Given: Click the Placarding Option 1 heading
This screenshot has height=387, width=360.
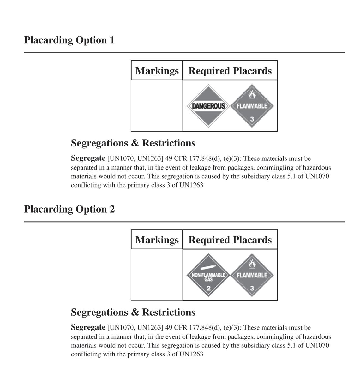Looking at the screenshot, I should [x=69, y=40].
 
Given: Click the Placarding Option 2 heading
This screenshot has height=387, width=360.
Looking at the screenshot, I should [x=69, y=209].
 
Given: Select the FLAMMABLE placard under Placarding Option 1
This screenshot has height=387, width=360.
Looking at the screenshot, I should [x=252, y=106].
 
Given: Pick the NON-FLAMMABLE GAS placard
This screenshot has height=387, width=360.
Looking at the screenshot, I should [x=208, y=275].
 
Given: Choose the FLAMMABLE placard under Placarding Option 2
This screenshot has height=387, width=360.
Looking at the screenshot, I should [x=252, y=275].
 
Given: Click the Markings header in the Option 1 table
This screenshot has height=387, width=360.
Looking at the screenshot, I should [x=157, y=71].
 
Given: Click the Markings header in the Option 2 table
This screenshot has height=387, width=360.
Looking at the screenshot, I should [x=157, y=240].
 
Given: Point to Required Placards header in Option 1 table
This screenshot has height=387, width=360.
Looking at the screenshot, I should [x=230, y=71].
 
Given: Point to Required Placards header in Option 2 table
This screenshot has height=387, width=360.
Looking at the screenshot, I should [x=230, y=240].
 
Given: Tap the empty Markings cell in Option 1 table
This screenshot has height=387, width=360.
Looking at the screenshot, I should [x=157, y=105].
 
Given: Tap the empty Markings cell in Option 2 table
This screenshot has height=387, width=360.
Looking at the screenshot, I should [x=157, y=275].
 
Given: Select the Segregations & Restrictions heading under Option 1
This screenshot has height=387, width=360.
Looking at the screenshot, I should [x=133, y=143].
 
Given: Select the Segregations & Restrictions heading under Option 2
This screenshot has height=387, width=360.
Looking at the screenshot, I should [x=133, y=312].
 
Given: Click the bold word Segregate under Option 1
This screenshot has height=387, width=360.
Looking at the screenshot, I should [x=88, y=158].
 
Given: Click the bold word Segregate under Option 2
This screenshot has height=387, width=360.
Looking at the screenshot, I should [x=88, y=327].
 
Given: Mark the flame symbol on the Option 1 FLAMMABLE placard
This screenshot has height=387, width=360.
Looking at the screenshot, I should [x=252, y=94].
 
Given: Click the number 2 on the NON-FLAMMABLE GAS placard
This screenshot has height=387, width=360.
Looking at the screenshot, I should [x=208, y=288].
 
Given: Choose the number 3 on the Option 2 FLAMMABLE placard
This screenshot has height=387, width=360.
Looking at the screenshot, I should [x=252, y=288].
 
